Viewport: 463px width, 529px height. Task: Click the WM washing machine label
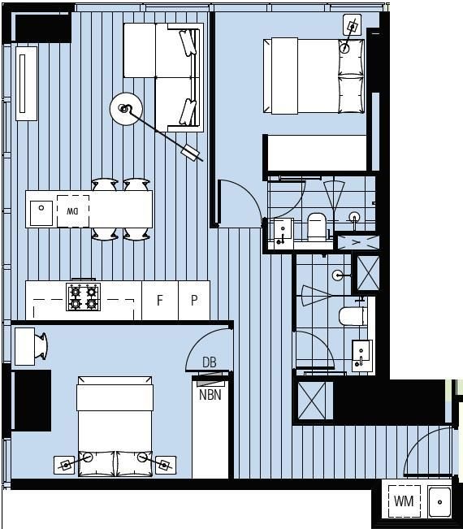tap(404, 501)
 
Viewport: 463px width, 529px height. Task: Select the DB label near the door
tap(209, 362)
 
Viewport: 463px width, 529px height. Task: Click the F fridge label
tap(160, 300)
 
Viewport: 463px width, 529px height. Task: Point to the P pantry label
tap(194, 300)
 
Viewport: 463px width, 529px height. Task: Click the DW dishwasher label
tap(73, 210)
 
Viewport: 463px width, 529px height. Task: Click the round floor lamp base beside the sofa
tap(126, 108)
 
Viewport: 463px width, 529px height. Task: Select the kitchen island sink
tap(41, 211)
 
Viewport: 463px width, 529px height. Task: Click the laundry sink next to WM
tap(439, 501)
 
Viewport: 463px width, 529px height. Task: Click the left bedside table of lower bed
tap(65, 466)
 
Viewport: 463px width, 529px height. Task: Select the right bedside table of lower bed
tap(165, 466)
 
